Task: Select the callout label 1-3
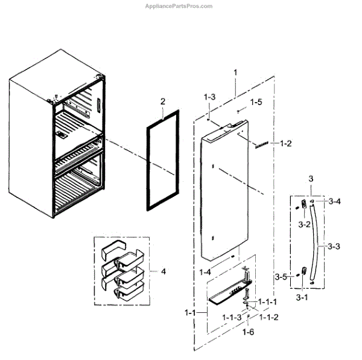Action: [x=209, y=97]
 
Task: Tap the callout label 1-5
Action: [x=256, y=102]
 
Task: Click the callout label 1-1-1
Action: [x=268, y=301]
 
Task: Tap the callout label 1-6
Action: [x=249, y=332]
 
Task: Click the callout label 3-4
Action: [x=334, y=201]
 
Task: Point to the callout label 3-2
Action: [x=305, y=225]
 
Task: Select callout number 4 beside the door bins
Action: [x=163, y=271]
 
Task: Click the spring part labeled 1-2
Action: [x=261, y=145]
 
